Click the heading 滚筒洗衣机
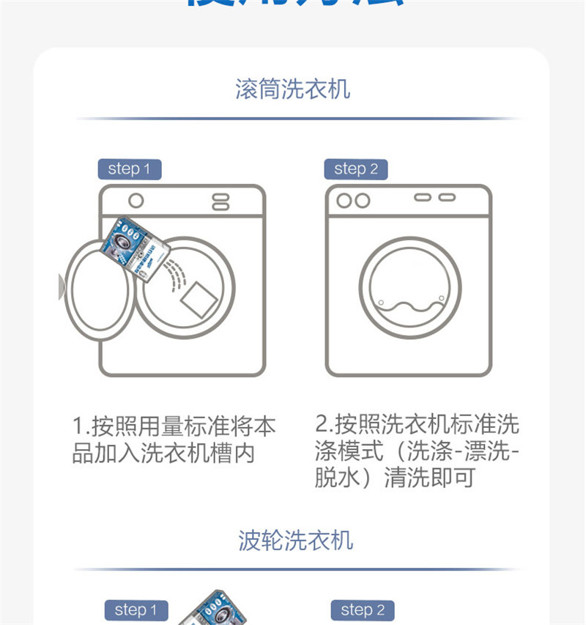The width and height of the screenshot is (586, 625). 293,89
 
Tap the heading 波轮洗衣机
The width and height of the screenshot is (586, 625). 296,541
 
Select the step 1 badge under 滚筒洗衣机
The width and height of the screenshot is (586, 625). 129,169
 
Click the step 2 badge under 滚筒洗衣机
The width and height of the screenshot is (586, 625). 355,169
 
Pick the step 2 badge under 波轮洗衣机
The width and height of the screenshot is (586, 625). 363,610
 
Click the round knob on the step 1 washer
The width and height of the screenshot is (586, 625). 136,201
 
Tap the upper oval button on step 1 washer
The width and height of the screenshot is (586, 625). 220,196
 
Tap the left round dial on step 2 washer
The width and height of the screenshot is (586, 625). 344,200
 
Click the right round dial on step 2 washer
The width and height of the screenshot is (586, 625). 362,200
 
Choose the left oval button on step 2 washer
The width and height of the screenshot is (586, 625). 423,198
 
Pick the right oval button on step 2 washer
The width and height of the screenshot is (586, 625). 447,198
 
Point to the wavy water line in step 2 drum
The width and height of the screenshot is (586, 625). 410,306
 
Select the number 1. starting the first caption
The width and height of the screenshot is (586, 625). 80,426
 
